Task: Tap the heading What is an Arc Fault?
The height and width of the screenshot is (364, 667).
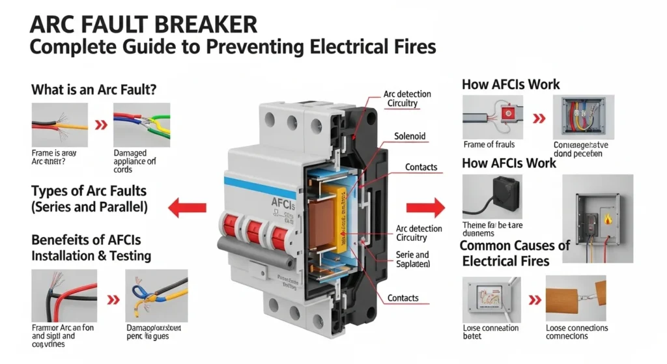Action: (94, 91)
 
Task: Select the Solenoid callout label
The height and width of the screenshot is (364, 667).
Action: (410, 136)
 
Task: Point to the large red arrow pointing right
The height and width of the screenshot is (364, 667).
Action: (425, 209)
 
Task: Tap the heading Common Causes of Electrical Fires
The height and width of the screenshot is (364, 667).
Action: (515, 253)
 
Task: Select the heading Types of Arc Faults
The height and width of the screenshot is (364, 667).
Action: (89, 191)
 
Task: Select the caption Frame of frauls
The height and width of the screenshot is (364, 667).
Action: (489, 144)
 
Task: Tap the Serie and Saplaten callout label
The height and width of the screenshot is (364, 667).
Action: (412, 260)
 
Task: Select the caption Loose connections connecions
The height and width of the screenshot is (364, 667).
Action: (576, 331)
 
